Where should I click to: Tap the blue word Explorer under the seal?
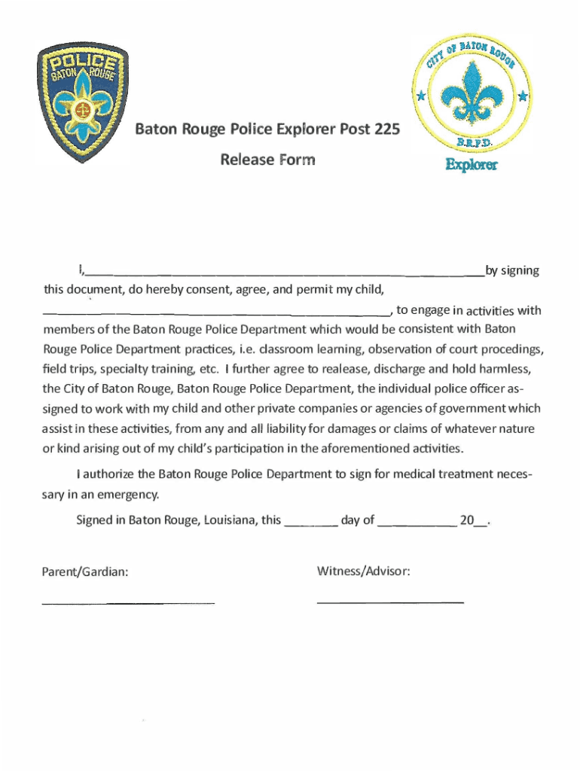(471, 164)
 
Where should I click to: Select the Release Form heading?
(267, 160)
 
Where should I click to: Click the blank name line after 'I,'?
(286, 274)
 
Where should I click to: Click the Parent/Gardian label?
(85, 572)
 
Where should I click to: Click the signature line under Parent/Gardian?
(128, 602)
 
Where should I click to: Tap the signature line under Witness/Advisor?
(390, 602)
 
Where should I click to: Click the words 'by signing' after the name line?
(512, 271)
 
